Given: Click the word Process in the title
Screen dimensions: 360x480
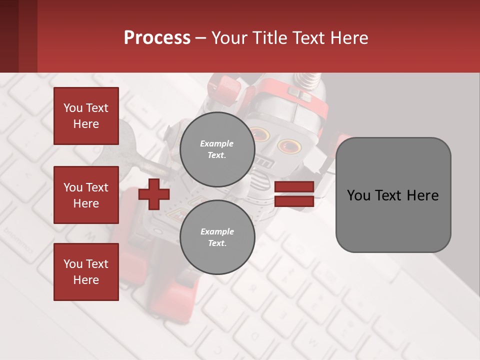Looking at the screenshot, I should point(157,38).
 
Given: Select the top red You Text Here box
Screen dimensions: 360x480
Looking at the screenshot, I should point(86,116).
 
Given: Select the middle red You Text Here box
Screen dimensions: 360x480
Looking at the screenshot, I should point(86,195).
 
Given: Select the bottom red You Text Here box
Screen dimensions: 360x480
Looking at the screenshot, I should point(86,271).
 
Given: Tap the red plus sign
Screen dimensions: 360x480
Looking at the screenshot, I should point(153,194).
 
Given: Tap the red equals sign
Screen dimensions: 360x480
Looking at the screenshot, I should point(294,194).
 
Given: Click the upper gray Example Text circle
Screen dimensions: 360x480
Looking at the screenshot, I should point(217,149).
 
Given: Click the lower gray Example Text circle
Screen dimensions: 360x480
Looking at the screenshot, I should point(217,237).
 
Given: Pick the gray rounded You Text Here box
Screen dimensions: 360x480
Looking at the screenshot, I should point(393,195).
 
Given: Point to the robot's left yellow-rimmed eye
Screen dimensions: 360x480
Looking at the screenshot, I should point(260,134).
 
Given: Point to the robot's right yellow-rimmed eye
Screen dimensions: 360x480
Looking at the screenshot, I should point(290,146).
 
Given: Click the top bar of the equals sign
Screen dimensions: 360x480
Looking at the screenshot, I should point(294,187).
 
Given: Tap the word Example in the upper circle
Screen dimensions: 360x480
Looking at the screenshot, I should point(217,143).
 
